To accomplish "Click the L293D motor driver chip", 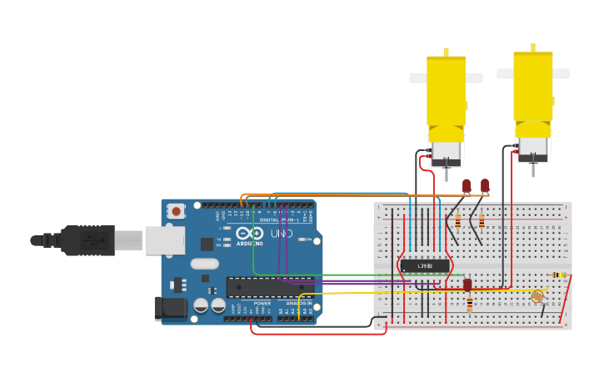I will tap(425, 265).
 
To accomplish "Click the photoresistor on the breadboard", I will tap(537, 296).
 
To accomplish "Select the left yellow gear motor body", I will tap(447, 92).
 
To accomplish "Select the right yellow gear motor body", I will tap(533, 88).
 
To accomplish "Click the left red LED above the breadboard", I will tap(467, 185).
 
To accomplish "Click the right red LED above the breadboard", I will tap(485, 184).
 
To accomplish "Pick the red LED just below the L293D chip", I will tap(467, 285).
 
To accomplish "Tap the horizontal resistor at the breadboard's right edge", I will tap(558, 275).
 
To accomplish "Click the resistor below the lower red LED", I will tap(470, 305).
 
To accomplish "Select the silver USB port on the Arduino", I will tap(165, 239).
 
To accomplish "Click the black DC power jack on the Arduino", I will tap(171, 308).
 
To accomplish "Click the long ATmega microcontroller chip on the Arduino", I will tap(270, 287).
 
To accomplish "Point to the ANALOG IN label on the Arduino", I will tap(298, 303).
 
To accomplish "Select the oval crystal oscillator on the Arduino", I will tap(204, 264).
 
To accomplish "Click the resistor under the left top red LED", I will tap(457, 221).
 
